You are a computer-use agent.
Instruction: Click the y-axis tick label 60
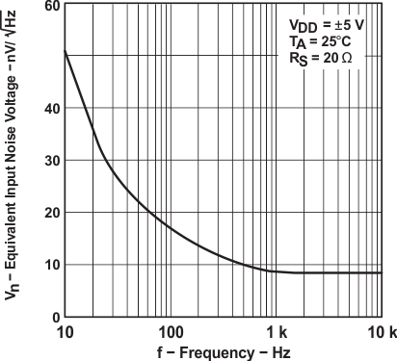pyautogui.click(x=49, y=6)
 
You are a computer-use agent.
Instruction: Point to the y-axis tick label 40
pyautogui.click(x=49, y=108)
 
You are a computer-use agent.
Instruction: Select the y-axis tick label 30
pyautogui.click(x=49, y=160)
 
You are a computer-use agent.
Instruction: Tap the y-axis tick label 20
pyautogui.click(x=49, y=213)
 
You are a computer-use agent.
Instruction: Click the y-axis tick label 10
pyautogui.click(x=49, y=265)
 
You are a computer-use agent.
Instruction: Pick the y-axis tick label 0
pyautogui.click(x=53, y=317)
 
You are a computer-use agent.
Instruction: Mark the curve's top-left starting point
pyautogui.click(x=65, y=49)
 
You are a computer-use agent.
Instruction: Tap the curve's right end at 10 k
pyautogui.click(x=383, y=272)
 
